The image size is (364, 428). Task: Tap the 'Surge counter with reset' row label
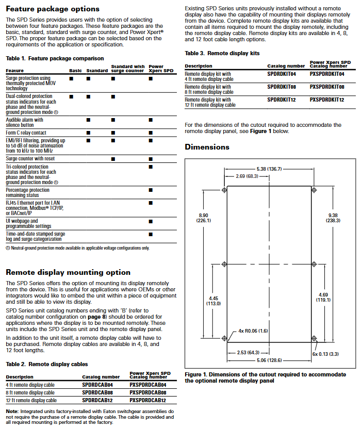pyautogui.click(x=30, y=159)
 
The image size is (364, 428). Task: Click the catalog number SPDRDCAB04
pyautogui.click(x=97, y=385)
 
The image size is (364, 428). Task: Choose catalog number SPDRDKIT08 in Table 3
pyautogui.click(x=283, y=87)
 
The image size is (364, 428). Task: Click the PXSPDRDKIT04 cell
pyautogui.click(x=327, y=74)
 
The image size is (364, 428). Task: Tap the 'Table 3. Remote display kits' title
pyautogui.click(x=222, y=53)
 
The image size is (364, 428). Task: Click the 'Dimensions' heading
pyautogui.click(x=207, y=147)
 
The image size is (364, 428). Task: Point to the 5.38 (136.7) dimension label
pyautogui.click(x=269, y=169)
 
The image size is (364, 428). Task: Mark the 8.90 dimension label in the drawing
pyautogui.click(x=203, y=218)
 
